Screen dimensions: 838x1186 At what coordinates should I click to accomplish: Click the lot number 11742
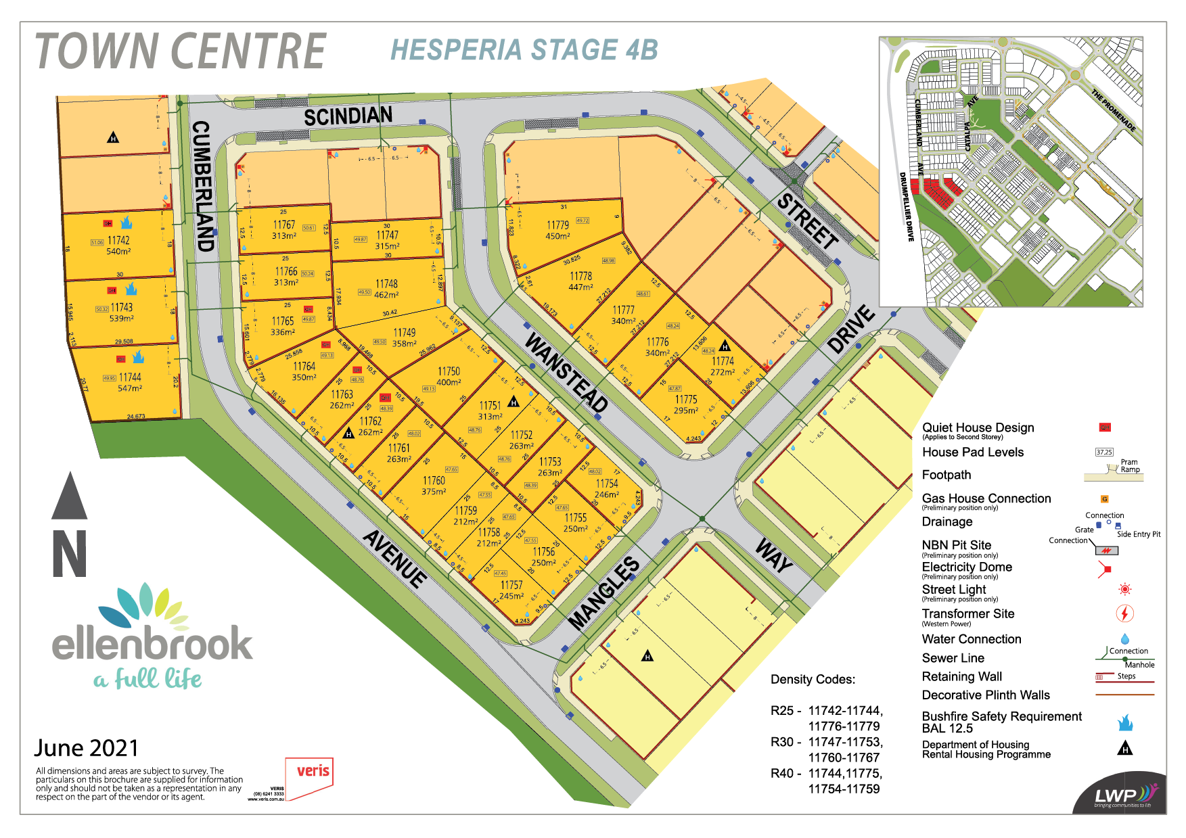point(118,240)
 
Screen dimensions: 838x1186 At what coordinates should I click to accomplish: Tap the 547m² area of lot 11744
point(130,388)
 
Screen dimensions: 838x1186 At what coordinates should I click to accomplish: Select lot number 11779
point(557,225)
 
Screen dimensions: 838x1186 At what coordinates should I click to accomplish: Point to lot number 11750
point(449,371)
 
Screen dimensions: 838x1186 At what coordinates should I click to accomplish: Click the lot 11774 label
point(723,361)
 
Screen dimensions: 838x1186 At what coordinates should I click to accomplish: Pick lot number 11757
point(511,585)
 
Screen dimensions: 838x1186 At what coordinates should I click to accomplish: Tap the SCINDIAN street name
point(348,116)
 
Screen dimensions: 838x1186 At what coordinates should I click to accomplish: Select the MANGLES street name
point(603,593)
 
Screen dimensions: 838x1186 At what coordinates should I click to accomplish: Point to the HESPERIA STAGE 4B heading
point(524,50)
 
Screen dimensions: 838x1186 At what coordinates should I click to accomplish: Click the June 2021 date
point(87,748)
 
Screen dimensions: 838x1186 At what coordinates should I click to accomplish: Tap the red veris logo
point(313,771)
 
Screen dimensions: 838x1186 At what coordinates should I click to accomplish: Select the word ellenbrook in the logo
point(152,643)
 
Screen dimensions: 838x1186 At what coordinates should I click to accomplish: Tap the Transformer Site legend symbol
point(1124,613)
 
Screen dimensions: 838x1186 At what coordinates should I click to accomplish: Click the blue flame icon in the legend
point(1124,722)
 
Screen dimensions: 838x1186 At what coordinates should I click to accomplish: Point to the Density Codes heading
point(813,680)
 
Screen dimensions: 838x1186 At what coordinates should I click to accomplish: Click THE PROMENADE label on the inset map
point(1113,110)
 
